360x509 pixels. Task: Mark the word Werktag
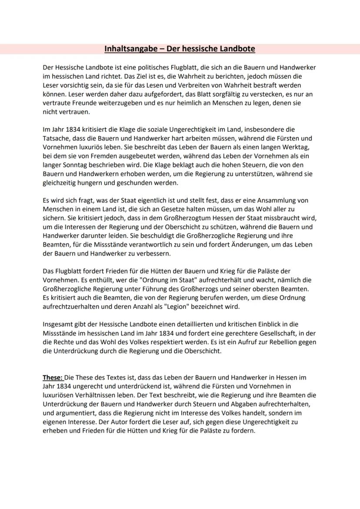tap(295, 147)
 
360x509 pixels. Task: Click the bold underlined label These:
tap(53, 378)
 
